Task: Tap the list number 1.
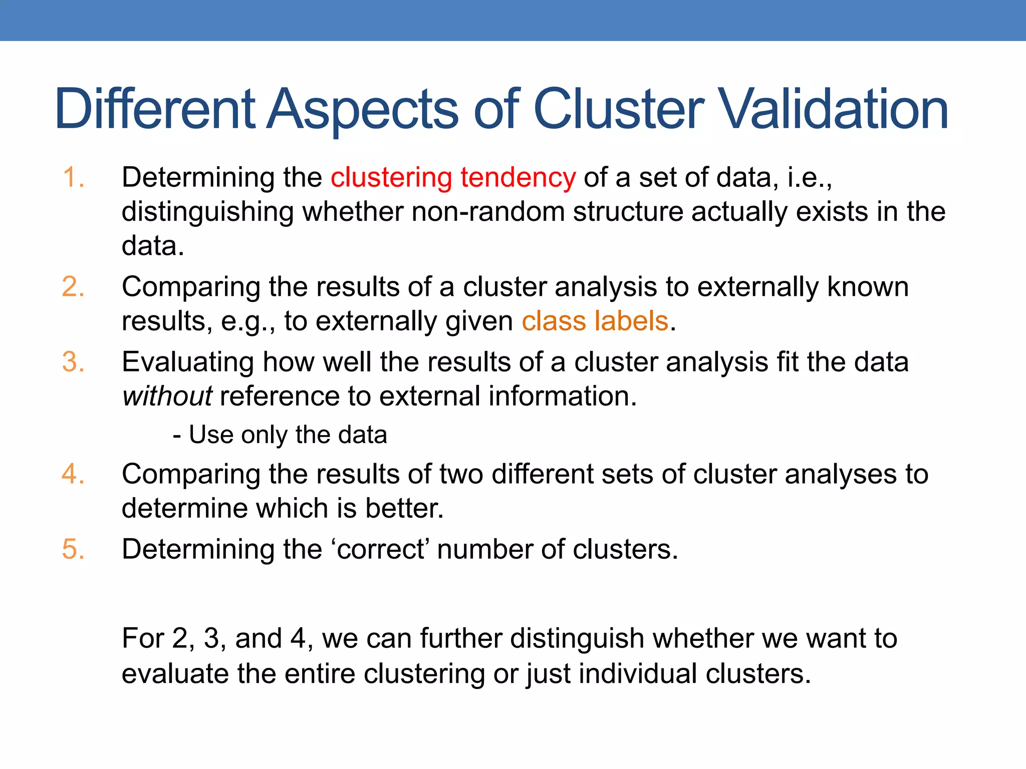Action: [73, 178]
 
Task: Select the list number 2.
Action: [73, 287]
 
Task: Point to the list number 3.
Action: [73, 362]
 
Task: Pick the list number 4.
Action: [73, 474]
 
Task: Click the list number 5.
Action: [73, 549]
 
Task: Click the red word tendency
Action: [518, 178]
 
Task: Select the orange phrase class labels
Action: [595, 321]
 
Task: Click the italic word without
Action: [167, 396]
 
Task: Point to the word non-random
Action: [488, 212]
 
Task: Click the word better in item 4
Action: [404, 508]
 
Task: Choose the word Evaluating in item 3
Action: [188, 362]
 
